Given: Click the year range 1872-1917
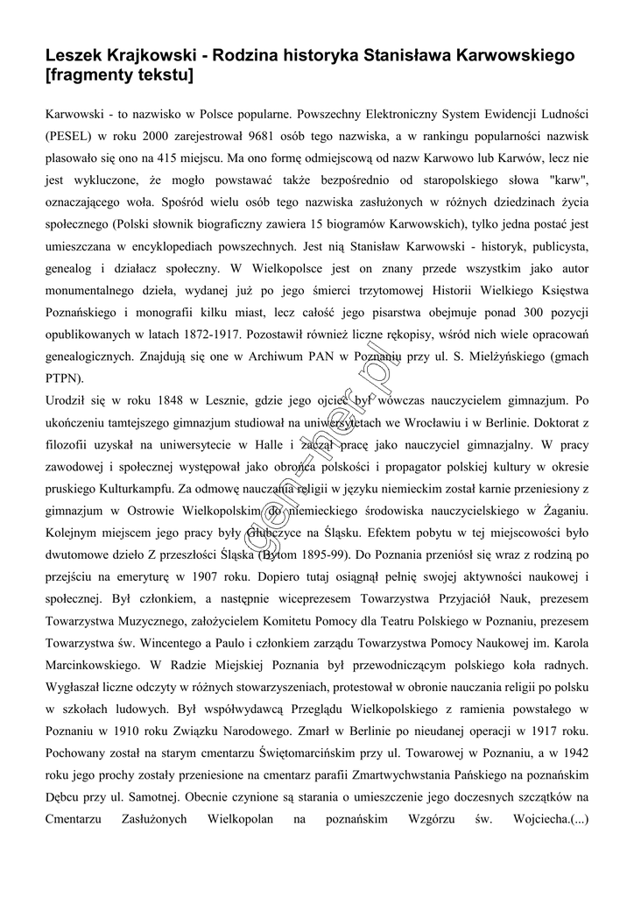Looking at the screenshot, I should point(214,334).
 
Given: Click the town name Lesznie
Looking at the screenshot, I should point(229,400).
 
